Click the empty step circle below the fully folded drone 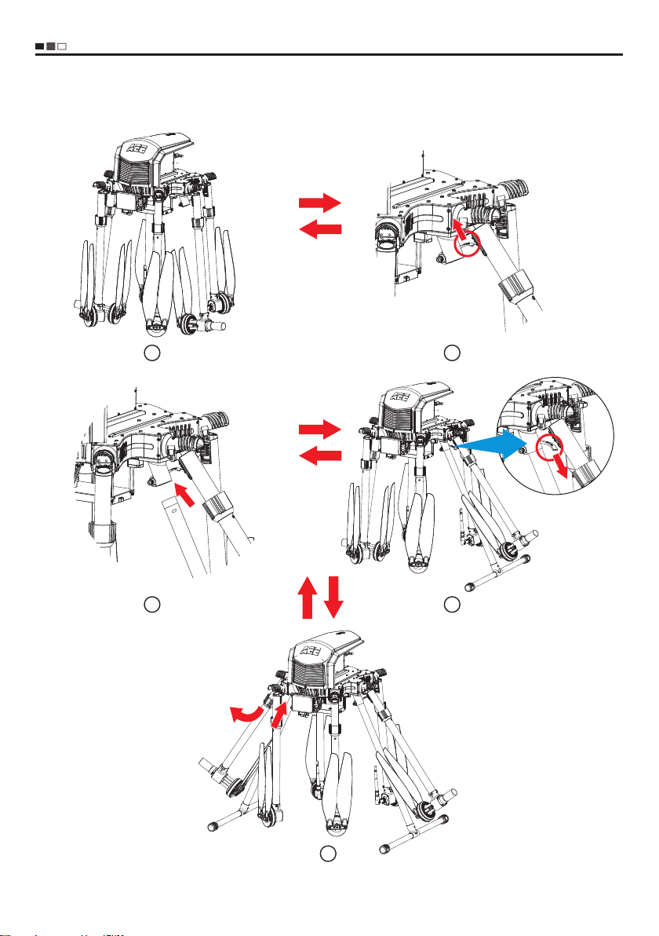[x=153, y=353]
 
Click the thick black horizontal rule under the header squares [x=329, y=55]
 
